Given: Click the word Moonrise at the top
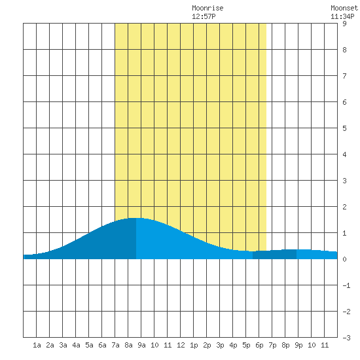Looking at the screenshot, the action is pos(207,8).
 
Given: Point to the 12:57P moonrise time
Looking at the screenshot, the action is pos(204,16).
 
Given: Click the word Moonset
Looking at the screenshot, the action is pos(344,8).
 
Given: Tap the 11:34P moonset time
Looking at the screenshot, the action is pos(342,16).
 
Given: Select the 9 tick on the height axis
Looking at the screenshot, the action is pos(344,24).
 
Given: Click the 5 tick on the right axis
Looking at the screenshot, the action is pos(344,128).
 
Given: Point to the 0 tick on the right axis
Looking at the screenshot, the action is pos(344,259).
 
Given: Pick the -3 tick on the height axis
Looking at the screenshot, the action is pos(346,338).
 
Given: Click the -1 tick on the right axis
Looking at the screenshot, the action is pos(346,285).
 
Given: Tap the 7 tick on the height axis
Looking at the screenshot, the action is pos(344,76).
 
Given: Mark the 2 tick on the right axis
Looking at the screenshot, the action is pos(344,207).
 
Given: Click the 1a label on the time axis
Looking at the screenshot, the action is pos(37,345).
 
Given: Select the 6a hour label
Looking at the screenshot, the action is pos(102,345).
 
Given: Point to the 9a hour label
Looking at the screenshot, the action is pos(141,345).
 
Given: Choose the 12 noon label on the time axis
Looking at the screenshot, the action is pos(181,345).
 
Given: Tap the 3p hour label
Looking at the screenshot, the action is pos(220,345).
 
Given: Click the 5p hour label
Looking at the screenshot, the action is pos(246,345).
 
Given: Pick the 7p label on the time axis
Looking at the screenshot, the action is pos(272,345).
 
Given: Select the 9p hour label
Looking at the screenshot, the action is pos(298,345).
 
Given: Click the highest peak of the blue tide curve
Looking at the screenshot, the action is pos(136,218).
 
